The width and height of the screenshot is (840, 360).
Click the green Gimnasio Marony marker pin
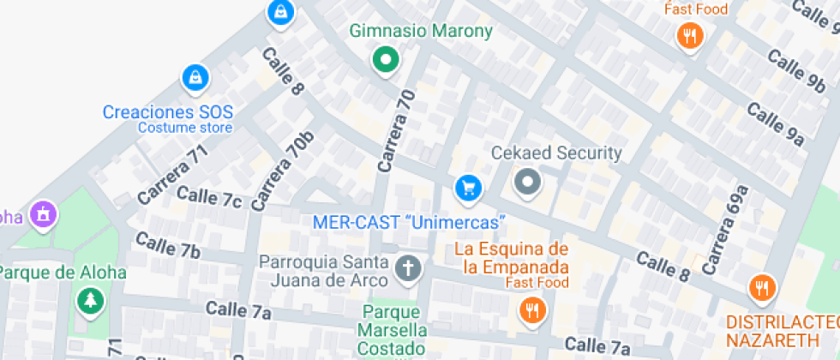tap(386, 60)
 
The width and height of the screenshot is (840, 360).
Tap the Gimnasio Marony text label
tap(421, 32)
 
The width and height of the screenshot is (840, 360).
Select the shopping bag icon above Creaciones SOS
tap(195, 79)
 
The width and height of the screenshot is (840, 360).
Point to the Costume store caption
tap(185, 128)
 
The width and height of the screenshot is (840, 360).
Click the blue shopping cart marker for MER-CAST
tap(466, 188)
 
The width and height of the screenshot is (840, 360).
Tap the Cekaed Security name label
tap(555, 153)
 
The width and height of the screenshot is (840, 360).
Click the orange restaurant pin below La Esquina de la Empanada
tap(532, 309)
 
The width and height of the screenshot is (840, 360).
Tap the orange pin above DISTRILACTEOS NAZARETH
tap(760, 287)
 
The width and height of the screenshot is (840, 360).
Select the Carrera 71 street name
tap(172, 175)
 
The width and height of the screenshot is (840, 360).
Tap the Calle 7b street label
tap(167, 245)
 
